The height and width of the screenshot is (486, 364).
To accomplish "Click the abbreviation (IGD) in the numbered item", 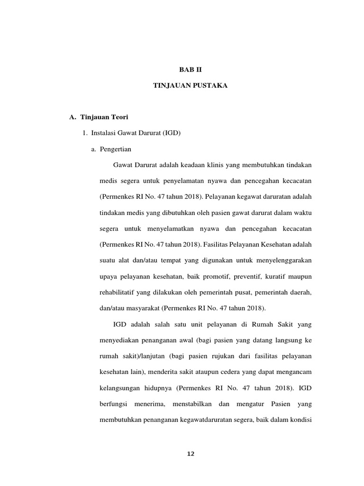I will pyautogui.click(x=171, y=133).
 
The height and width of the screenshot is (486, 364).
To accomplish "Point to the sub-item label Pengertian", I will pyautogui.click(x=116, y=149).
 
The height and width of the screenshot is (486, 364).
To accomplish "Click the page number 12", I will pyautogui.click(x=191, y=454).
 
